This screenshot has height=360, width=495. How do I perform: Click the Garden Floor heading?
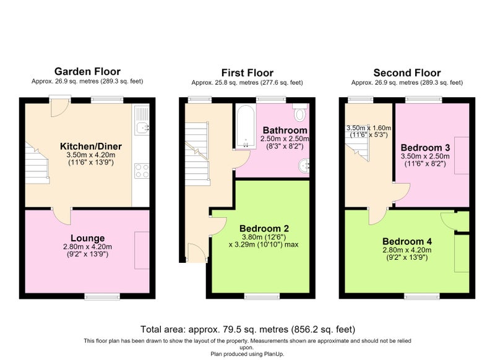click(87, 71)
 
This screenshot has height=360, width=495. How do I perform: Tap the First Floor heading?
click(247, 73)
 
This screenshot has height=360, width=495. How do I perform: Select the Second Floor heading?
click(407, 73)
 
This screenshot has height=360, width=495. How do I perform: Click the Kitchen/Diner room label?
click(91, 147)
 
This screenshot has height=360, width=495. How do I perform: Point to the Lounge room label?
click(87, 238)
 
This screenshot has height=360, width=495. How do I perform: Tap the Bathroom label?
click(285, 130)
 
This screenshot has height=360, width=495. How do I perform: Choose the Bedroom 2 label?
click(264, 228)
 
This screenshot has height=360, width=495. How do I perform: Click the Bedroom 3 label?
click(425, 148)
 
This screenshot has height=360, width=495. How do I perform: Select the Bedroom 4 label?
click(407, 242)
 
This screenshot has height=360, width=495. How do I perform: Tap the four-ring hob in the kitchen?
click(142, 171)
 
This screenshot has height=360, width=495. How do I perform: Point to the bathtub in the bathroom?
click(246, 127)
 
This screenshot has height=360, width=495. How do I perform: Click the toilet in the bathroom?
click(300, 113)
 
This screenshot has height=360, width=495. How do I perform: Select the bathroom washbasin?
click(304, 166)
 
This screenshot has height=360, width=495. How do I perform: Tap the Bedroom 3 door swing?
click(402, 192)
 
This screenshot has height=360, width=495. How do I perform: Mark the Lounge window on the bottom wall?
click(102, 296)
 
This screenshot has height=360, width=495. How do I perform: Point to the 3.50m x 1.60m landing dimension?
click(369, 131)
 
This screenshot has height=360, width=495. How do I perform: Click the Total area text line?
click(247, 330)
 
